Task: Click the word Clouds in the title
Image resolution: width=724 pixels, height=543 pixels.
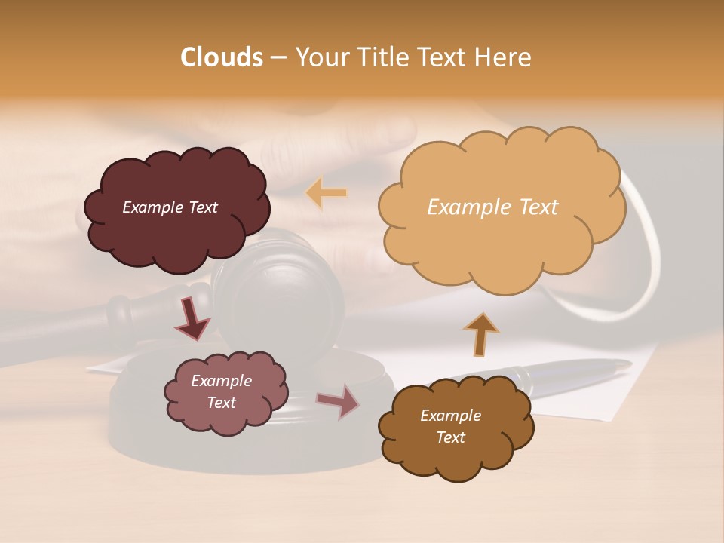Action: [x=222, y=57]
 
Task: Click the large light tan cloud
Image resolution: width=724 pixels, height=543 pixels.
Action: [x=501, y=207]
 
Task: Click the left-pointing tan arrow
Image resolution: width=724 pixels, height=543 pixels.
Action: [x=326, y=193]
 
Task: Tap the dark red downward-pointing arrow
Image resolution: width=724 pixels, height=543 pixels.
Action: [x=192, y=319]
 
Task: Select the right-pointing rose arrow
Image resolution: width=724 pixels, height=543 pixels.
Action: [x=339, y=401]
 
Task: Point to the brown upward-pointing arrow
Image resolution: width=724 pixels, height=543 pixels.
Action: [x=480, y=333]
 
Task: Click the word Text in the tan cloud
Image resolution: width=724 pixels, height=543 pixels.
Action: [x=534, y=207]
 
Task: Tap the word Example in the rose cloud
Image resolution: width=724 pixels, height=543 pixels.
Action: [x=222, y=381]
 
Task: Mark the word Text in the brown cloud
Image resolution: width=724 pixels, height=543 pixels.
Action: [x=450, y=437]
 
